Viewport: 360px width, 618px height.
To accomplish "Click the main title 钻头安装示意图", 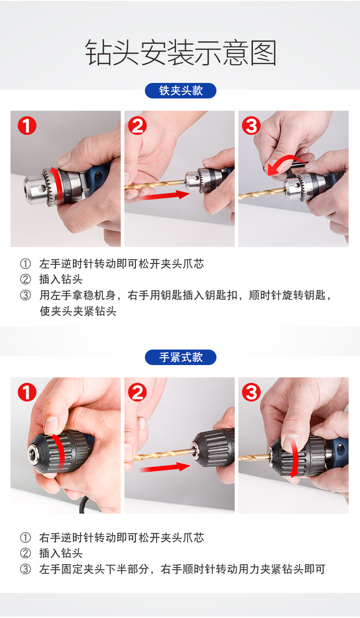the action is pyautogui.click(x=181, y=52).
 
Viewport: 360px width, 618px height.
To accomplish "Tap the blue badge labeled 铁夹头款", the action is pyautogui.click(x=180, y=91).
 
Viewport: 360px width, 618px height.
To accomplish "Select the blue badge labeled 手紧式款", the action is pyautogui.click(x=180, y=357).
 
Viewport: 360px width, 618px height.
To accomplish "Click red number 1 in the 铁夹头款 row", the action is pyautogui.click(x=27, y=125).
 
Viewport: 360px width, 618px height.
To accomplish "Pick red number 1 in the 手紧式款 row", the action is pyautogui.click(x=27, y=392).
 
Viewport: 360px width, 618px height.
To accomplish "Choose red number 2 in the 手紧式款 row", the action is pyautogui.click(x=137, y=392).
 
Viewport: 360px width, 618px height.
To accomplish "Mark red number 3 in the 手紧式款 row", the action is pyautogui.click(x=251, y=392).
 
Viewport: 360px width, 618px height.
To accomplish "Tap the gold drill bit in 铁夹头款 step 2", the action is pyautogui.click(x=154, y=184).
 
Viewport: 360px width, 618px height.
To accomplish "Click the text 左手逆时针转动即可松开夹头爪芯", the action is pyautogui.click(x=122, y=264).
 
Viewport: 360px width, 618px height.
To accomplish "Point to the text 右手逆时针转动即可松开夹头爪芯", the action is pyautogui.click(x=122, y=538).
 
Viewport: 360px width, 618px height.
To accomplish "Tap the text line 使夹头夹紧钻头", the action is pyautogui.click(x=78, y=311).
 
